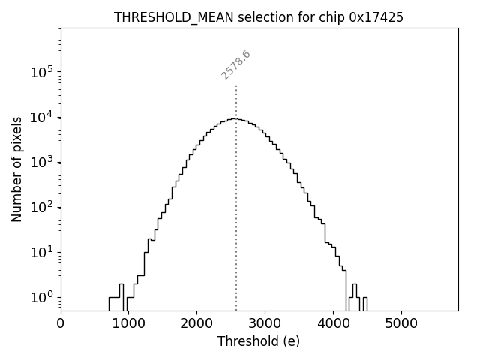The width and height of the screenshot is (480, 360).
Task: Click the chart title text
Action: (x=259, y=17)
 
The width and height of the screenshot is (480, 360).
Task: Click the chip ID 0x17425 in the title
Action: (x=376, y=17)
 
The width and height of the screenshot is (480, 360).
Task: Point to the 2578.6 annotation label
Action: (x=235, y=65)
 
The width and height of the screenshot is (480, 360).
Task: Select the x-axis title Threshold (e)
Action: (x=259, y=341)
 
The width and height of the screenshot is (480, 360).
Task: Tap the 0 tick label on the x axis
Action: (x=61, y=323)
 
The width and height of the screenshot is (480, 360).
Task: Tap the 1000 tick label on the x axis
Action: (x=129, y=323)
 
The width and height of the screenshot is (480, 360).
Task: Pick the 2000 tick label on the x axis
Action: (x=196, y=323)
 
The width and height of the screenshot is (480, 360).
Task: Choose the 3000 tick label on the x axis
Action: (x=265, y=323)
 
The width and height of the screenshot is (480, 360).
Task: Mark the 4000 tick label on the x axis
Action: (x=333, y=323)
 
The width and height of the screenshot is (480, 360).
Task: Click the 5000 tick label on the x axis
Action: (x=401, y=323)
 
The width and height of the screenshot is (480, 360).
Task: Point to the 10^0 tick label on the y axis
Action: (x=42, y=297)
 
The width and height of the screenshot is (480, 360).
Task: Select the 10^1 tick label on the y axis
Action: (x=42, y=252)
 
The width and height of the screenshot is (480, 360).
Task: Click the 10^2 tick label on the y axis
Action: (x=42, y=207)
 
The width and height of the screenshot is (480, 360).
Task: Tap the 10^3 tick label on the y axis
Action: (x=42, y=162)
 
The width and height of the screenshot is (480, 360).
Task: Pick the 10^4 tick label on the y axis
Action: (x=42, y=117)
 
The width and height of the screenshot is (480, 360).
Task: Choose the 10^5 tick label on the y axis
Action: (x=42, y=72)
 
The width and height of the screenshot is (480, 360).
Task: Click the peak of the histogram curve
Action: (x=235, y=118)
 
